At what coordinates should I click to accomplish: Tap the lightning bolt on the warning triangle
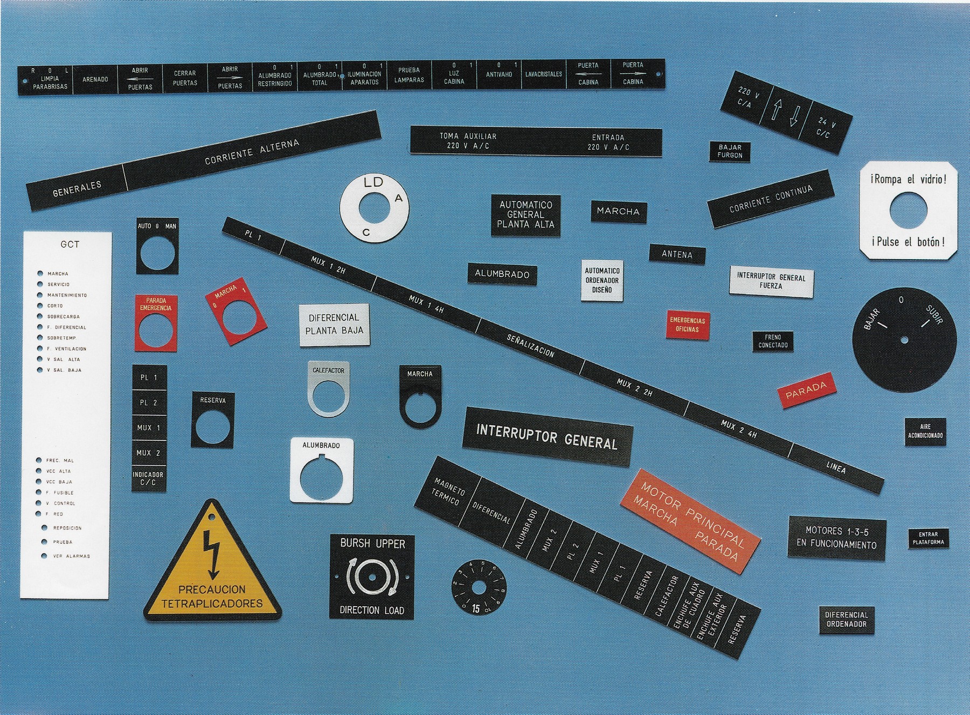coord(212,552)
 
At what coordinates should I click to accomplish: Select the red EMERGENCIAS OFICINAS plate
coord(687,324)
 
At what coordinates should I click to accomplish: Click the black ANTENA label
coord(677,254)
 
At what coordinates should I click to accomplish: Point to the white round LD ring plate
coord(374,207)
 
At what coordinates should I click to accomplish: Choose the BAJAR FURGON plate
coord(730,151)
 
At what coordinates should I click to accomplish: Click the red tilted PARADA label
coord(806,390)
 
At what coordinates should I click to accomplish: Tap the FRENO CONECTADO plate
coord(773,341)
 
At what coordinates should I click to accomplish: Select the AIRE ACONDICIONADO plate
coord(925,431)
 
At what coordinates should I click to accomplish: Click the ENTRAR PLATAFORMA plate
coord(928,538)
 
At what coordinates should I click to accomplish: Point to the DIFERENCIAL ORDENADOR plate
coord(846,620)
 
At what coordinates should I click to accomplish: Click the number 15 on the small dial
coord(476,608)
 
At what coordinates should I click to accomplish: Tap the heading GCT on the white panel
coord(70,245)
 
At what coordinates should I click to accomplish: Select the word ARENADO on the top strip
coord(95,79)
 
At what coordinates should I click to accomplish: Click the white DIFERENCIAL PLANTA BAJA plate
coord(334,324)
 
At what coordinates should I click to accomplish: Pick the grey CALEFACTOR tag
coord(328,388)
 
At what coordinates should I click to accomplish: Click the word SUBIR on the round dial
coord(934,315)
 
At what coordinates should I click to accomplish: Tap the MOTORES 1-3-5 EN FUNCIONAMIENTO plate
coord(836,538)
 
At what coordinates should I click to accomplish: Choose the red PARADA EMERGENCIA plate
coord(156,323)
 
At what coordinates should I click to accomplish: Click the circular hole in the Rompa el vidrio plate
coord(909,210)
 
